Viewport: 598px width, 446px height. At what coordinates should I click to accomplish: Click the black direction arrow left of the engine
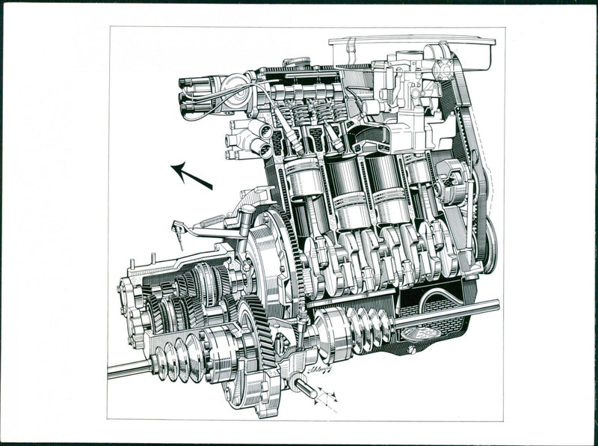point(191,176)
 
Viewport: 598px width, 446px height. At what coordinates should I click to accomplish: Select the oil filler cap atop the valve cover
point(296,61)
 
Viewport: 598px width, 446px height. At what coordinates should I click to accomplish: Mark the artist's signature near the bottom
point(322,370)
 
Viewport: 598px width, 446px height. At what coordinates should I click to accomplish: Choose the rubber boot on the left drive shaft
point(179,358)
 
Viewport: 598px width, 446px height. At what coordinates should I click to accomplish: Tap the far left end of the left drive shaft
point(112,371)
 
